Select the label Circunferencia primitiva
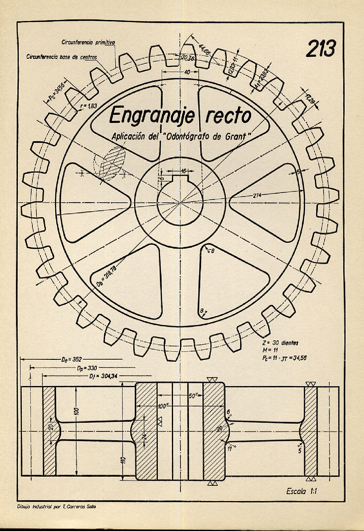coord(88,42)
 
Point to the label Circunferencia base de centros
coord(62,57)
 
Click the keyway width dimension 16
coord(183,171)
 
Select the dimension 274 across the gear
coord(257,195)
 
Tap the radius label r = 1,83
coord(89,106)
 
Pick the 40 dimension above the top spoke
coord(187,72)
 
